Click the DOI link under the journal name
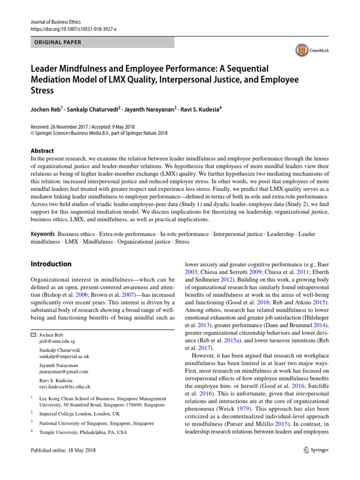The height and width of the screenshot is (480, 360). coord(73,29)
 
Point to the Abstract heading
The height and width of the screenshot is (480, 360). coord(43,151)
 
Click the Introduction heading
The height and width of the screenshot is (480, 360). coord(51,264)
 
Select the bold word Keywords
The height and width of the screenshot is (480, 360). coord(43,234)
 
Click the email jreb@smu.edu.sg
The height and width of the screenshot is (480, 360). coord(56,343)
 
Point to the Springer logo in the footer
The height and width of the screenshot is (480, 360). coord(317,450)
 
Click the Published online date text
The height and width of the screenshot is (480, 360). coord(63,450)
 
